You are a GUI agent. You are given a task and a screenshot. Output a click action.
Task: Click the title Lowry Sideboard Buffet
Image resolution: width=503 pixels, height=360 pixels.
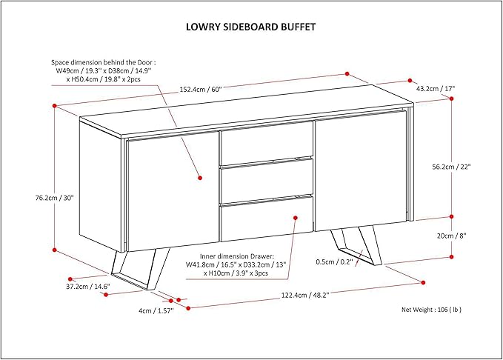pos(250,27)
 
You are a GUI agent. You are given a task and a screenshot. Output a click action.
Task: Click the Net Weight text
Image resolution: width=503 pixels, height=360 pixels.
pos(436,310)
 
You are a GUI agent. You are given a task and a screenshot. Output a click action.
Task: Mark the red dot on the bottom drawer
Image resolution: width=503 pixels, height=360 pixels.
pos(295,217)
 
